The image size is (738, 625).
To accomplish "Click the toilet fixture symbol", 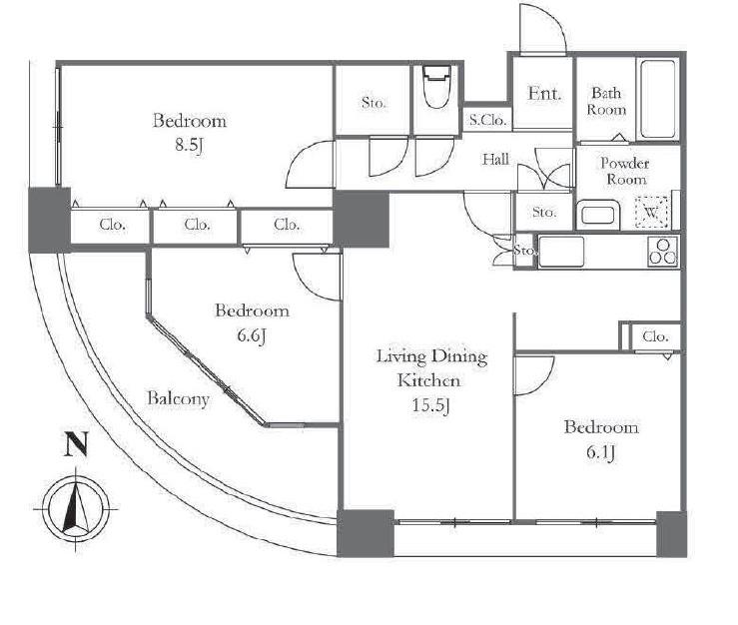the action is tap(436, 87).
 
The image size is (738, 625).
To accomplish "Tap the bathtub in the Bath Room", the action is tap(657, 99).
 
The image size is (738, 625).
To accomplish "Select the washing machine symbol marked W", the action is tap(651, 212).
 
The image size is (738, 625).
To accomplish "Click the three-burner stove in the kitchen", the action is tap(663, 252).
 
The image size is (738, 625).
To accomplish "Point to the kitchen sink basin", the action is tap(561, 252).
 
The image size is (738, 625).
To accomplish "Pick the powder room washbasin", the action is tap(597, 215).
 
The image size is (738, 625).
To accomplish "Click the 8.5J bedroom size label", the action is tap(189, 146).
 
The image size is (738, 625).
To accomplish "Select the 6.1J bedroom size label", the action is tap(600, 452).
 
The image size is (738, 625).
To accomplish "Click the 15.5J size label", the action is tap(431, 404).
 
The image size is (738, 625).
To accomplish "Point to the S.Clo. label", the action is tap(488, 120).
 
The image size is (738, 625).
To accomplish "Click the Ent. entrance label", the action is tap(544, 93).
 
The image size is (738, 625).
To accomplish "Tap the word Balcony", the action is tap(178, 399).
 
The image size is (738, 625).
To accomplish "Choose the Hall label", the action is tap(495, 159).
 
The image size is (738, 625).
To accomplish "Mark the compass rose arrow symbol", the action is tap(76, 509).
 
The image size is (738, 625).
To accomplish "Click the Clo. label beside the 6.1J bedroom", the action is tap(655, 336).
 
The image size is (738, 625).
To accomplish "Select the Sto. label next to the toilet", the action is tap(374, 102).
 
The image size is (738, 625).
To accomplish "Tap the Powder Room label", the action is tap(625, 172).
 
